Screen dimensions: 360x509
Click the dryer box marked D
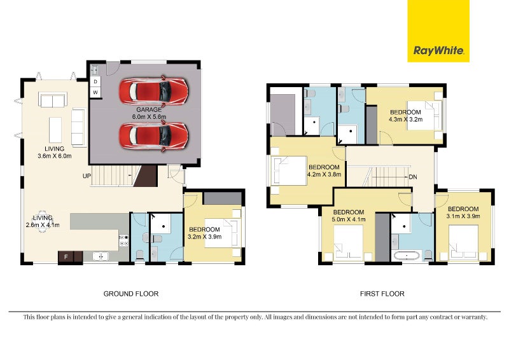click(x=95, y=81)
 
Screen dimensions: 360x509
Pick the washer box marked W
click(x=95, y=93)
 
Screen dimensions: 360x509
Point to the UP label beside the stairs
click(x=85, y=176)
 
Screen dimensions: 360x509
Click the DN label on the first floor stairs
click(x=413, y=177)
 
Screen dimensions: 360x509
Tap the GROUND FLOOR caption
click(x=130, y=294)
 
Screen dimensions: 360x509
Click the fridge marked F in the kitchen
click(x=66, y=257)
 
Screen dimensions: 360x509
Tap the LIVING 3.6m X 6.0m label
click(x=54, y=152)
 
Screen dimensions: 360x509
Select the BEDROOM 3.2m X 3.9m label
click(x=204, y=233)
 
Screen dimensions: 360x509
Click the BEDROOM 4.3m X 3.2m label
click(x=405, y=115)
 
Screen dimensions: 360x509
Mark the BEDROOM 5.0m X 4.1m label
click(x=348, y=216)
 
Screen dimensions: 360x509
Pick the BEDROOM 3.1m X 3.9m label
click(x=463, y=212)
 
